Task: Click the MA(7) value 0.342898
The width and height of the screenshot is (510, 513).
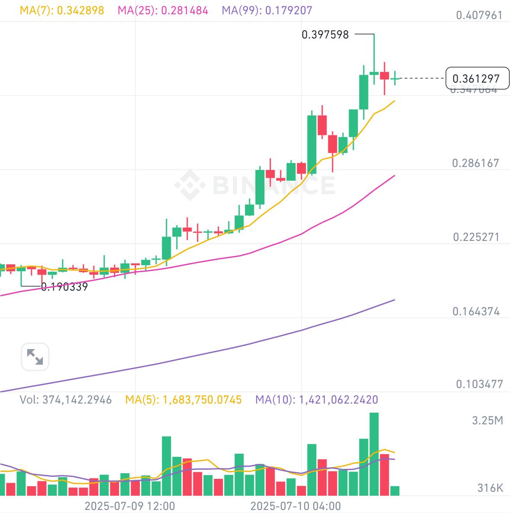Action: coord(62,10)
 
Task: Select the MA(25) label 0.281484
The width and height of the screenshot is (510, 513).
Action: coord(163,10)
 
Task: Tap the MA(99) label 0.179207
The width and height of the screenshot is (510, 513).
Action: coord(267,10)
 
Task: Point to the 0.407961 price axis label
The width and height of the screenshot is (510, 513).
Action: coord(479,16)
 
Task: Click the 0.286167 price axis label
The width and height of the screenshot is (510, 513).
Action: coord(475,163)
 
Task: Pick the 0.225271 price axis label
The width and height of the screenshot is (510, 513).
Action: coord(476,237)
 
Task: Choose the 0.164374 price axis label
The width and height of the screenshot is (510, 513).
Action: coord(476,311)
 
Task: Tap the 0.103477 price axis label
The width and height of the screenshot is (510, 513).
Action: coord(479,384)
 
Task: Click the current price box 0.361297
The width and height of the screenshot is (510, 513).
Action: coord(477,79)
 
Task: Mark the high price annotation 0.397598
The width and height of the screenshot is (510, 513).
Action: coord(325,35)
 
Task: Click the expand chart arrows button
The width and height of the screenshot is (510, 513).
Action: coord(35,357)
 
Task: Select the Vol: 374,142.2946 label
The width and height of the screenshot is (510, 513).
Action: coord(66,400)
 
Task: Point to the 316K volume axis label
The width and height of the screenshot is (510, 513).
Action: coord(490,488)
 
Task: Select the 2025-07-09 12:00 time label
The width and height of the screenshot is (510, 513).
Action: coord(130,506)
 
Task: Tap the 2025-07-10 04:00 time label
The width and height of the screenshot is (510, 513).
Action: coord(296,506)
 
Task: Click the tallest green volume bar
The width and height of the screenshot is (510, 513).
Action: coord(374,454)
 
